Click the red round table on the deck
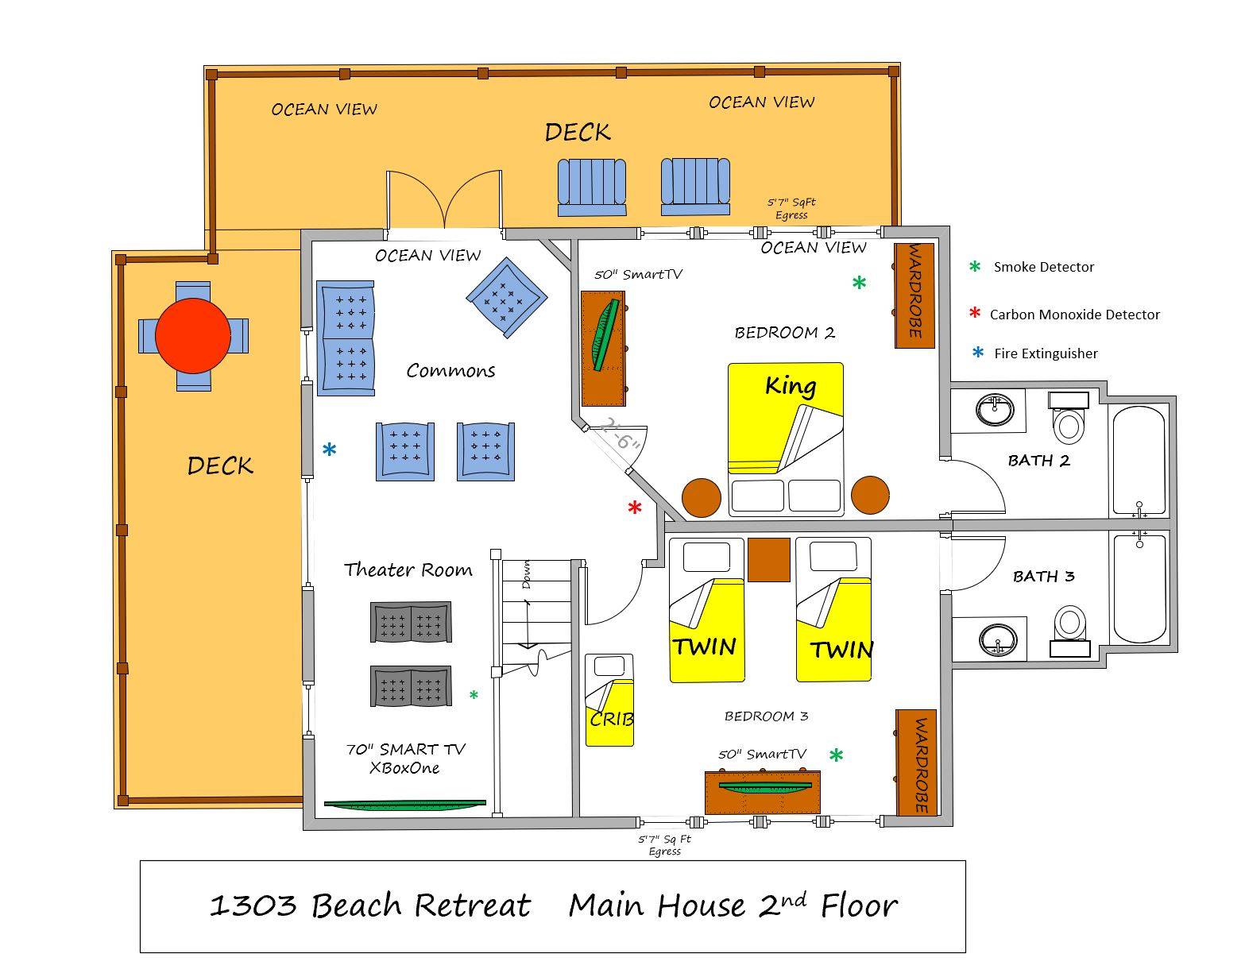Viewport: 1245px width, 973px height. (x=192, y=336)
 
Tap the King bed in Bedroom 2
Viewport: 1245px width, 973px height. (x=785, y=439)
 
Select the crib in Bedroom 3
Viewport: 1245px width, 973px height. (x=609, y=700)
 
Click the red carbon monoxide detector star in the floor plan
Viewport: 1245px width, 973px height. (x=634, y=507)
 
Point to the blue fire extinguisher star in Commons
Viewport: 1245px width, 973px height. (x=329, y=449)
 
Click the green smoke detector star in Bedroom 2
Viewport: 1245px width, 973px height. (x=859, y=282)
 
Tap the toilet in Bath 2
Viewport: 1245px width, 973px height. (x=1069, y=418)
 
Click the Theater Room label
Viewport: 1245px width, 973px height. (x=408, y=570)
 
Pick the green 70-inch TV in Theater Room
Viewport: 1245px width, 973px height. (x=405, y=804)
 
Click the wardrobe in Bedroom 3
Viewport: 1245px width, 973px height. (x=915, y=763)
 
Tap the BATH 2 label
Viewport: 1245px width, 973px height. (x=1038, y=461)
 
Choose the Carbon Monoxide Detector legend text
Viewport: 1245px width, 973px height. (x=1074, y=315)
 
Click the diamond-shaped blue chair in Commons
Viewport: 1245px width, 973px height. (x=506, y=298)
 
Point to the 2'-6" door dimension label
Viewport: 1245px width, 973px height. (x=619, y=435)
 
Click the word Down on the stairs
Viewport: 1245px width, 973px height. (x=526, y=575)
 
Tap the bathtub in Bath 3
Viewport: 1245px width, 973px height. (x=1139, y=589)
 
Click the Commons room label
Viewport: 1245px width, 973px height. (x=450, y=370)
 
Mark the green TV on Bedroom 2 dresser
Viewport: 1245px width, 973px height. (x=606, y=335)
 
